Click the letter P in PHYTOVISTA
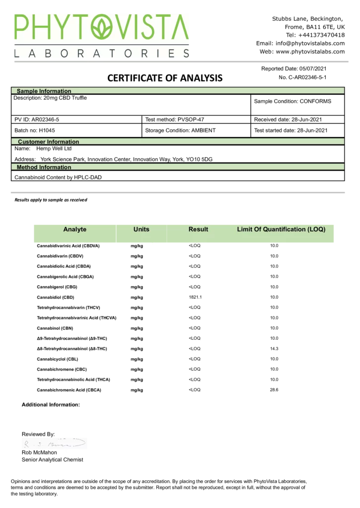click(22, 27)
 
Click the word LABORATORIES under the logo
click(101, 53)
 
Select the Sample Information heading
click(44, 91)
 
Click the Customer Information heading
click(48, 142)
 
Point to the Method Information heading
click(44, 167)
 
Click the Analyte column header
click(75, 229)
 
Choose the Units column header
click(142, 229)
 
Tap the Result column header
click(198, 229)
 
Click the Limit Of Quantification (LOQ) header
click(281, 229)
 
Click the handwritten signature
click(53, 444)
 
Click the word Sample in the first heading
click(27, 91)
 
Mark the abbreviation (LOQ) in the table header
click(316, 229)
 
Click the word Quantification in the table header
click(284, 229)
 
